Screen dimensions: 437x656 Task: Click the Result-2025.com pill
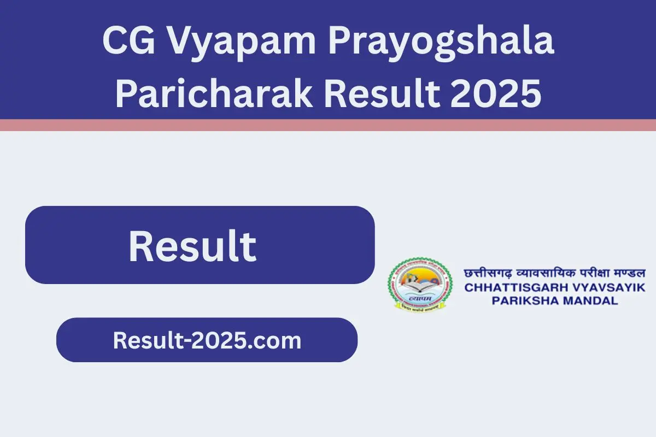[207, 340]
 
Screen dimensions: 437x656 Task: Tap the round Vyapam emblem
[420, 285]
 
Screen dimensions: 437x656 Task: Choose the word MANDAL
[593, 300]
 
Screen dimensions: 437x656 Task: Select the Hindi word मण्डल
[627, 273]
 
